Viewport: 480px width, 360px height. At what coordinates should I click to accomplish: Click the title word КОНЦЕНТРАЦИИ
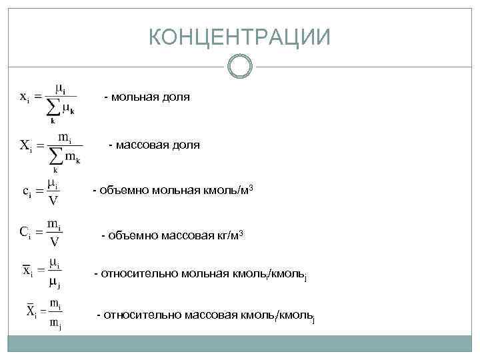click(x=239, y=38)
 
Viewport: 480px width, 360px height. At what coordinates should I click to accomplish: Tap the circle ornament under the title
click(x=239, y=67)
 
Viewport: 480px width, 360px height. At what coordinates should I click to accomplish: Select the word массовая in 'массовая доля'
click(x=141, y=145)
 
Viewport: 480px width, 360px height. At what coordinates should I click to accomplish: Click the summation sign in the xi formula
click(x=51, y=108)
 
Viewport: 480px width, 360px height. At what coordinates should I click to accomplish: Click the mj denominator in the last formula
click(x=55, y=325)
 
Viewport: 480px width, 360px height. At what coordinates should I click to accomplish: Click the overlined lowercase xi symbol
click(x=27, y=271)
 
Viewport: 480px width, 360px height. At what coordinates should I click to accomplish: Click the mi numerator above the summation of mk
click(x=65, y=137)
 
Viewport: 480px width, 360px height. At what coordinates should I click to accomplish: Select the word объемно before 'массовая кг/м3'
click(x=127, y=235)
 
